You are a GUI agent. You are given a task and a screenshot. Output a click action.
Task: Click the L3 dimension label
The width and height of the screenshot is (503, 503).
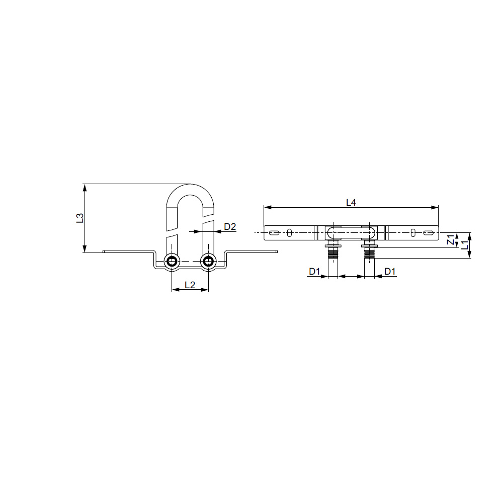coord(80,218)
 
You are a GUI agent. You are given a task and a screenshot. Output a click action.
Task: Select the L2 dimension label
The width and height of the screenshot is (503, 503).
coord(190,285)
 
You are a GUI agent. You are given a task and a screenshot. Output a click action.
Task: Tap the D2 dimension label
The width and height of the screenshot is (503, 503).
coord(230,227)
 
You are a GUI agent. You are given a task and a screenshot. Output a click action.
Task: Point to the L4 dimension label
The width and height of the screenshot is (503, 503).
coord(351,202)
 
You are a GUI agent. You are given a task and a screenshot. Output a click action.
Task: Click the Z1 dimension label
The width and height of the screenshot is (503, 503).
coord(451,239)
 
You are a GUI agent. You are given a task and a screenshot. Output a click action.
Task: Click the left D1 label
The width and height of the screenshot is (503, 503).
coord(314,272)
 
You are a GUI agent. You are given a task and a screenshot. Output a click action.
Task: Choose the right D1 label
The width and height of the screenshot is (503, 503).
coord(390,272)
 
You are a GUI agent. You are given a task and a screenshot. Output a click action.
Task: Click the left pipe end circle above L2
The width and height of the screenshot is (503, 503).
coord(172,261)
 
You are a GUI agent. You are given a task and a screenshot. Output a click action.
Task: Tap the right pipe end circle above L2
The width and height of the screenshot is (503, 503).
coord(209,261)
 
